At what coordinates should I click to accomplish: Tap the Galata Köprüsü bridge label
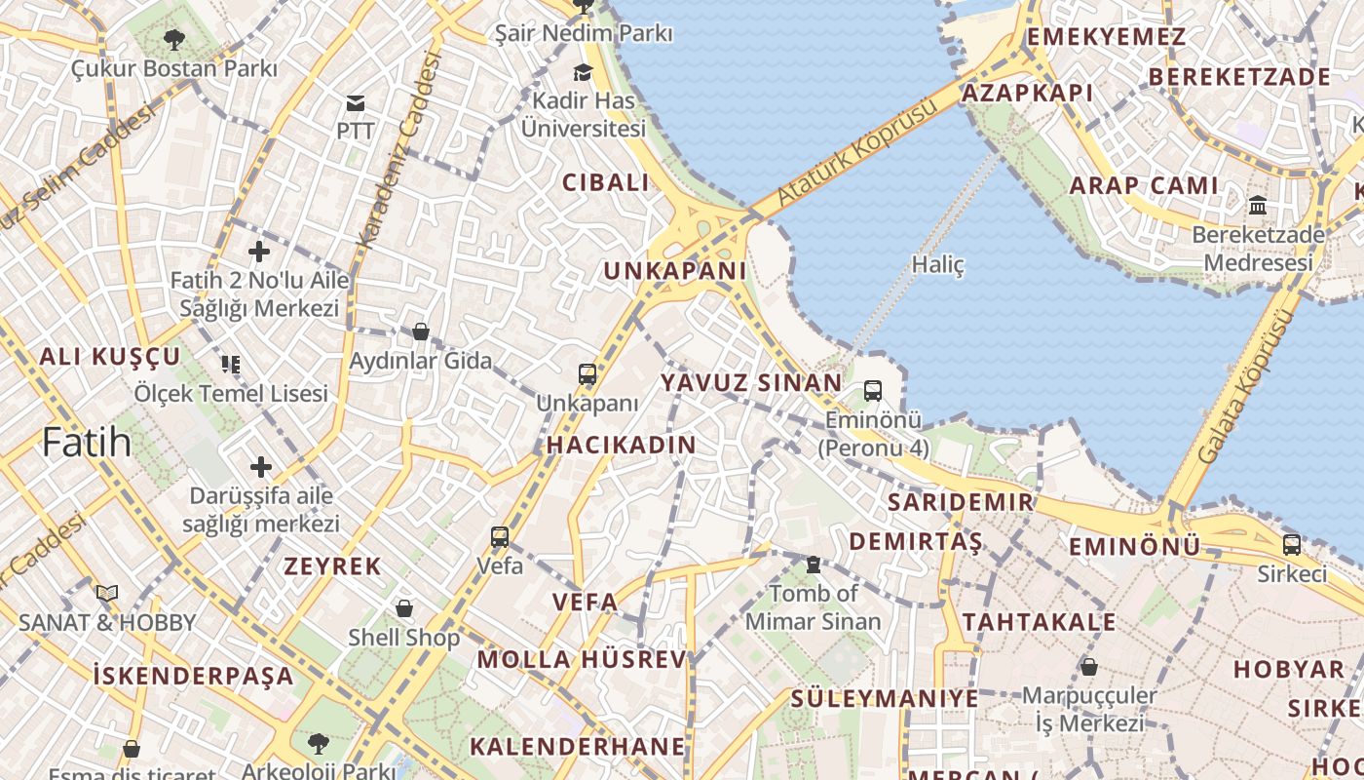click(1246, 386)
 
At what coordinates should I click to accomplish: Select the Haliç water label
click(937, 264)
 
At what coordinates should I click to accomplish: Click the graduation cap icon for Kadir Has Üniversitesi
click(583, 73)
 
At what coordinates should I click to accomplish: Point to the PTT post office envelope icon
click(355, 103)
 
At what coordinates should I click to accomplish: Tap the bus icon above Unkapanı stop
click(587, 374)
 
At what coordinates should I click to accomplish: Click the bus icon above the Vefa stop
click(500, 536)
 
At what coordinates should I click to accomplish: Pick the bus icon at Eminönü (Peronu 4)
click(872, 391)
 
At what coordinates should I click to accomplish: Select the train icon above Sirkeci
click(1291, 545)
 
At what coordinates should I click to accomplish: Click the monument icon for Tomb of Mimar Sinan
click(813, 565)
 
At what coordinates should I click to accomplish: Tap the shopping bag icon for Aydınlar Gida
click(421, 331)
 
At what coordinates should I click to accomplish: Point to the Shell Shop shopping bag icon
click(404, 608)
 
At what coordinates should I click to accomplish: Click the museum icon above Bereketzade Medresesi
click(1258, 206)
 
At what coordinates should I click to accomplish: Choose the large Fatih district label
click(87, 443)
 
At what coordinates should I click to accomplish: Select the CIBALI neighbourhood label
click(605, 182)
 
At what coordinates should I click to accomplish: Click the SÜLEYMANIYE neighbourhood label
click(884, 698)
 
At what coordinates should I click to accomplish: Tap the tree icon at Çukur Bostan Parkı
click(173, 40)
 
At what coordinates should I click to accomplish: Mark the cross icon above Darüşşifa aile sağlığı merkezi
click(260, 467)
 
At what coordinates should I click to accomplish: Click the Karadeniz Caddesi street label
click(399, 149)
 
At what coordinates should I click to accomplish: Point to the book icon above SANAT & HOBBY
click(107, 593)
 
